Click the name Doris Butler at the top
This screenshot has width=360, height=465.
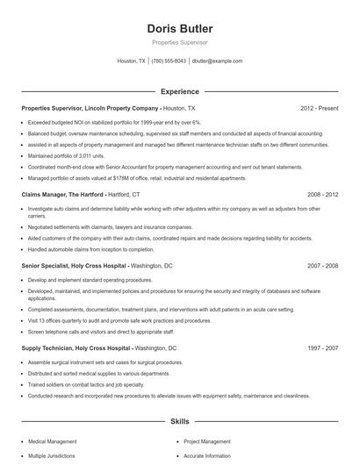179,29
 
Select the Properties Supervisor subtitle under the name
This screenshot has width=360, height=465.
179,42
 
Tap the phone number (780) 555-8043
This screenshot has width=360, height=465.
169,61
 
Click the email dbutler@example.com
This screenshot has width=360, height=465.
217,61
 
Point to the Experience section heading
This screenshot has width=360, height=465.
179,90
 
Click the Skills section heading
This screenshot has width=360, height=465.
179,422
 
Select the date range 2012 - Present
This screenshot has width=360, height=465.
319,108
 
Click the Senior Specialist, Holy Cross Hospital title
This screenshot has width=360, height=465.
75,264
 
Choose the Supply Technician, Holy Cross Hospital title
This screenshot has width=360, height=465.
76,348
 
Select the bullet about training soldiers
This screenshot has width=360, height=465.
85,384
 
